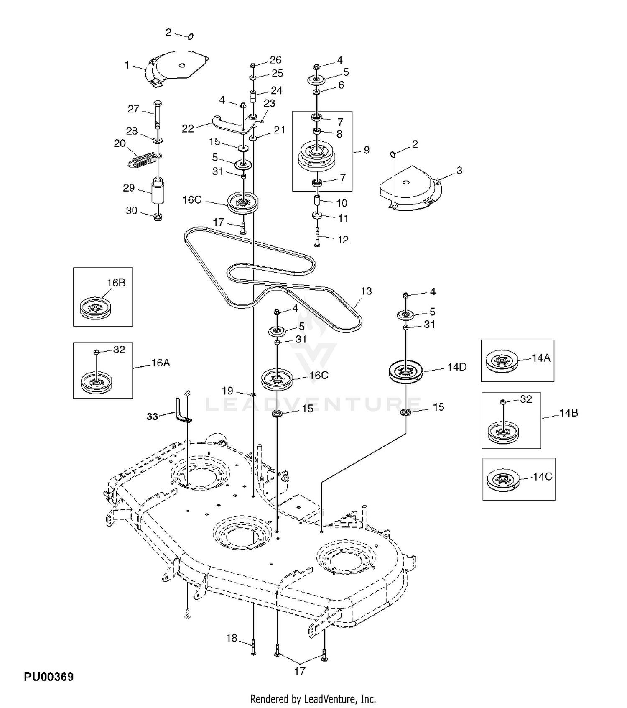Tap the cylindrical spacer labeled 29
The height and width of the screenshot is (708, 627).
[x=158, y=191]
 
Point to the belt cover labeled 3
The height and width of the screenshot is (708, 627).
[x=410, y=188]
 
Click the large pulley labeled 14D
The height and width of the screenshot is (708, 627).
[x=405, y=371]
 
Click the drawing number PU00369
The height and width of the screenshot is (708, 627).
[x=48, y=677]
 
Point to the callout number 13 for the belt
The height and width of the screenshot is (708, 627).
[x=366, y=291]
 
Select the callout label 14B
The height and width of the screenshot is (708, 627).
[x=569, y=413]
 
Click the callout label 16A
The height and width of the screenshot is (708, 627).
[x=161, y=363]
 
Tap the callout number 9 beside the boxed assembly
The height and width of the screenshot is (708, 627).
[x=367, y=150]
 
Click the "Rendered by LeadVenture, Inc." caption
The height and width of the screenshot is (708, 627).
[x=313, y=699]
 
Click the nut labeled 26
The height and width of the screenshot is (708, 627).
[x=253, y=66]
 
